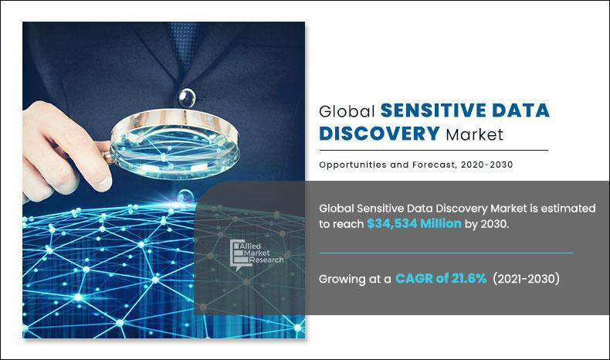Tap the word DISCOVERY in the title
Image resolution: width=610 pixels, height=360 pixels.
(x=379, y=134)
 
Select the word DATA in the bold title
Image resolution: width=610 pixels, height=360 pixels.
(x=522, y=110)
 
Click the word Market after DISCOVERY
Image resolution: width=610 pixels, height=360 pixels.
(x=474, y=134)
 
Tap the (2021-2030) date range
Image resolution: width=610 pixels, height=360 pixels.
(x=525, y=279)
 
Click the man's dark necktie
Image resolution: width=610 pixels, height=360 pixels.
(x=184, y=39)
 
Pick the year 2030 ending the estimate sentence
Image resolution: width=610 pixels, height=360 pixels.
(x=493, y=224)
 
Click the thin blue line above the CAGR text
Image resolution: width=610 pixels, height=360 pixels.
(x=446, y=253)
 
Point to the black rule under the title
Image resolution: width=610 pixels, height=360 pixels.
(x=433, y=150)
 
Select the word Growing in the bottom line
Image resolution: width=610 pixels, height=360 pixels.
(x=343, y=280)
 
